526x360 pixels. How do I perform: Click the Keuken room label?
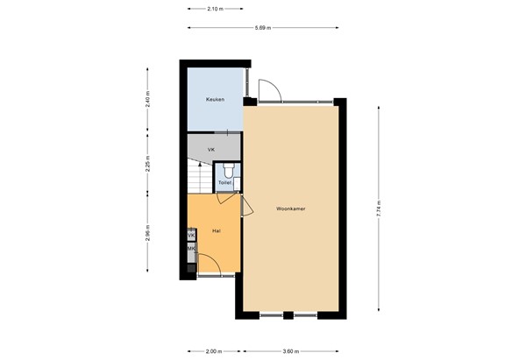[x=215, y=99]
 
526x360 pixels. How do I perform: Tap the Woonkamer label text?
[x=289, y=209]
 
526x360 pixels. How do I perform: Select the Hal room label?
[x=216, y=230]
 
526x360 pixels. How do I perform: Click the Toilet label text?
[x=224, y=183]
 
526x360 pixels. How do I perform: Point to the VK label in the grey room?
[x=210, y=150]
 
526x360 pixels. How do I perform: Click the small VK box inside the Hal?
[x=191, y=235]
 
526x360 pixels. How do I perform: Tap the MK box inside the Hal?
[x=191, y=251]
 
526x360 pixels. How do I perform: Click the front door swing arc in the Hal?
[x=210, y=264]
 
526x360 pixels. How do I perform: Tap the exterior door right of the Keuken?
[x=268, y=88]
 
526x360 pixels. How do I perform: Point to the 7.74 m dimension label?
[x=379, y=209]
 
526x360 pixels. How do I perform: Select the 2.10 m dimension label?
[x=213, y=8]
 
